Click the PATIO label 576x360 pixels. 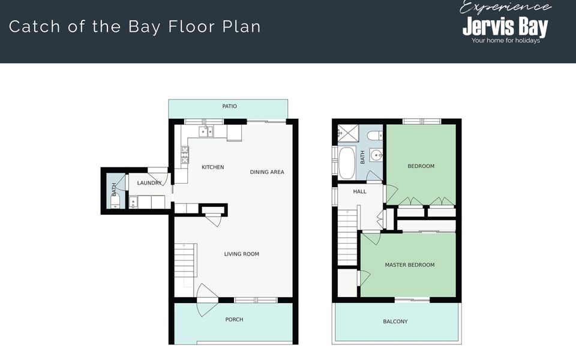[x=230, y=106]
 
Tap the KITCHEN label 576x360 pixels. [x=212, y=167]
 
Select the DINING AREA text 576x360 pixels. [x=267, y=172]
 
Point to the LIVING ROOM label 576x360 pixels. [x=241, y=254]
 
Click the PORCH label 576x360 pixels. [x=234, y=320]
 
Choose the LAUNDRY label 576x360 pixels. [x=149, y=183]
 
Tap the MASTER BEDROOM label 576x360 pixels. [x=410, y=265]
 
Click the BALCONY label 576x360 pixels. [x=395, y=322]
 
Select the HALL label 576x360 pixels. [x=359, y=191]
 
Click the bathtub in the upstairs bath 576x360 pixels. [x=346, y=163]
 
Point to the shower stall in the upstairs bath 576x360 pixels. [x=347, y=133]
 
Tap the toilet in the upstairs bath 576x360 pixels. [x=375, y=136]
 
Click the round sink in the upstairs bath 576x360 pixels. [x=376, y=155]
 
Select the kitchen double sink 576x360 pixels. [x=206, y=131]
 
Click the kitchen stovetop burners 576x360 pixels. [x=184, y=155]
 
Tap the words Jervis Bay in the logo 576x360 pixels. [x=505, y=26]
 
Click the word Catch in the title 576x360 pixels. [x=34, y=27]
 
